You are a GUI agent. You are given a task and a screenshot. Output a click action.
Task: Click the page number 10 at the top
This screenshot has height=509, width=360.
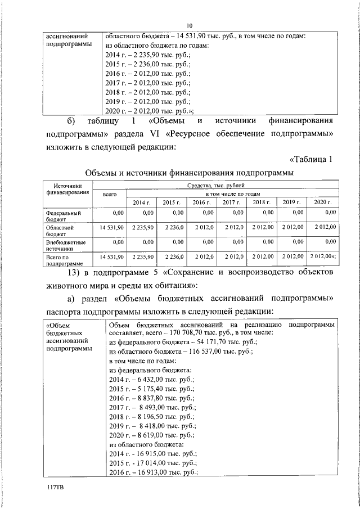[x=190, y=25]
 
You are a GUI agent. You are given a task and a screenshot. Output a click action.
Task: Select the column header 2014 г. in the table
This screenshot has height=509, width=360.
[x=142, y=202]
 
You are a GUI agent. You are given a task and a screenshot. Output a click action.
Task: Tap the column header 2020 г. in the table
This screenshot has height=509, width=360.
[x=323, y=202]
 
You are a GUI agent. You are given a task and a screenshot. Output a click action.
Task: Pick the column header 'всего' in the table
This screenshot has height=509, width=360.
[x=108, y=194]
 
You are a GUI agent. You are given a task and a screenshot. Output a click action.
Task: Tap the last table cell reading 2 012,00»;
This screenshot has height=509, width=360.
[x=323, y=256]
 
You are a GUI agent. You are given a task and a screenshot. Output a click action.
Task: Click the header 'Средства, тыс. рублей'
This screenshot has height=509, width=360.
[x=217, y=184]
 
